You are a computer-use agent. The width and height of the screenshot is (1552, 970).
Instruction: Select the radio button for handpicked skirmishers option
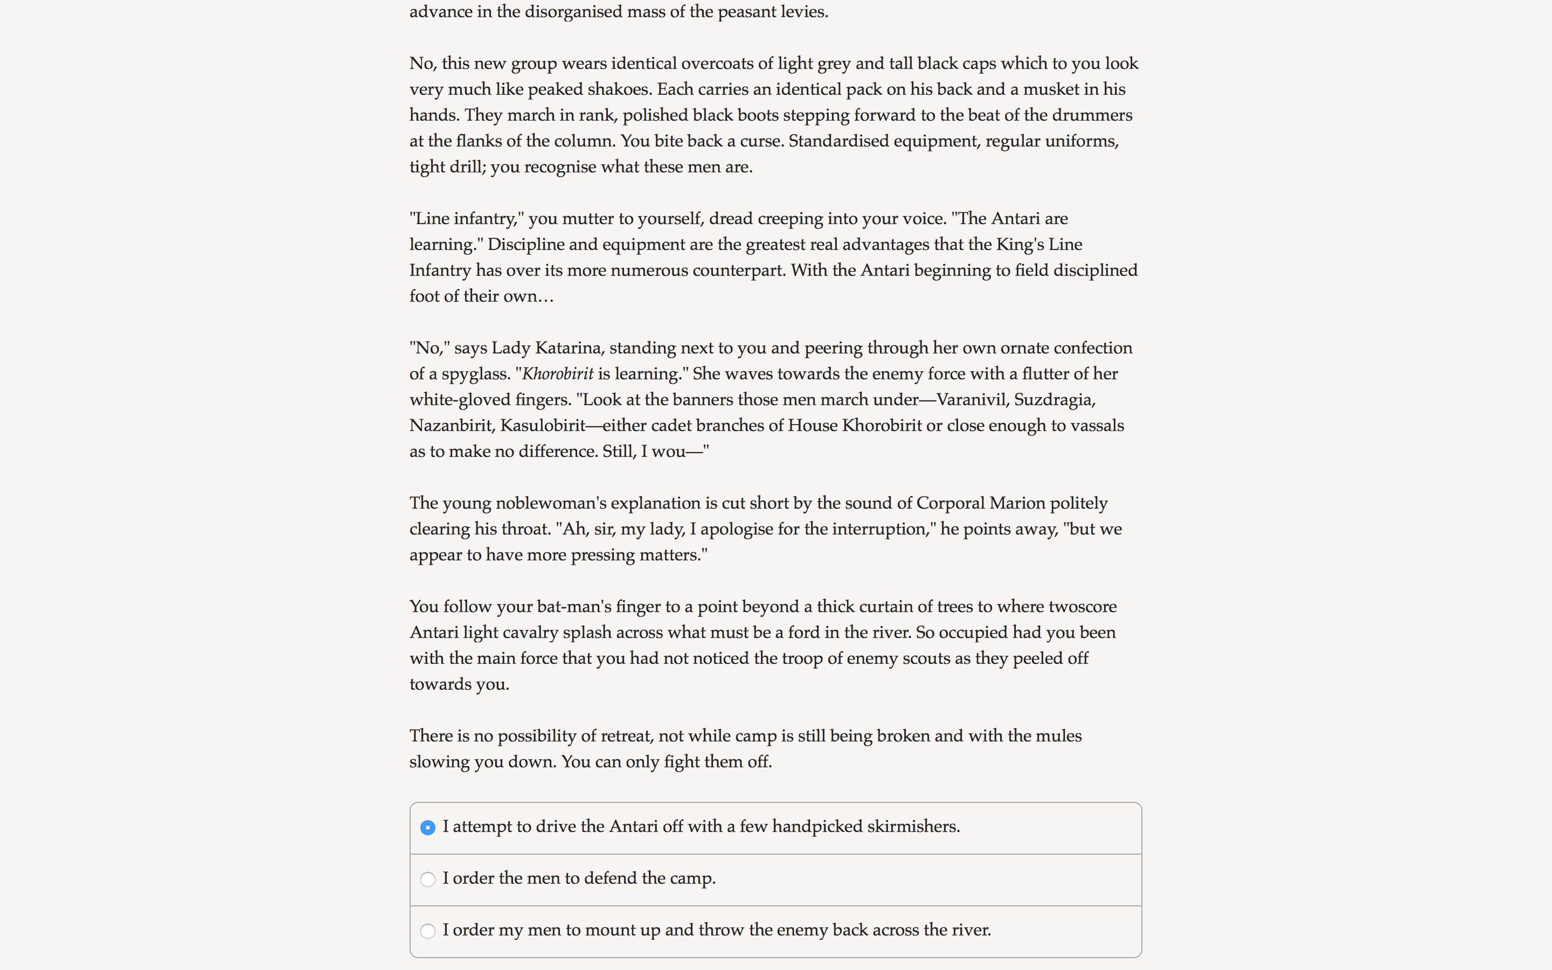pos(428,828)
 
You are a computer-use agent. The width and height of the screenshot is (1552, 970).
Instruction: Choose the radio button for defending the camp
pos(428,879)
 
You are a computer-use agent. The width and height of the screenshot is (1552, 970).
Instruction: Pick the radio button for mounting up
pos(428,931)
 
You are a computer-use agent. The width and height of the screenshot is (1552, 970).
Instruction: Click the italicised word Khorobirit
pos(558,374)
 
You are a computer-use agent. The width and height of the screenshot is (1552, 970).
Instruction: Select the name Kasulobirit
pos(543,426)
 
